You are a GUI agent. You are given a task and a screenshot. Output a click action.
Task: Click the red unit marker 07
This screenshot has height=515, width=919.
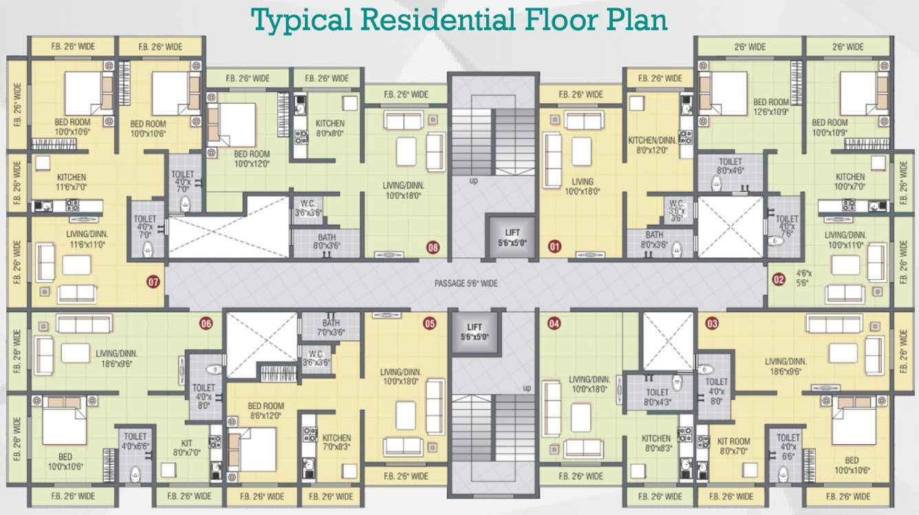click(x=153, y=281)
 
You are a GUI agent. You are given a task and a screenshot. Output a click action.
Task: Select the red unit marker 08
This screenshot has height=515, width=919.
click(x=433, y=246)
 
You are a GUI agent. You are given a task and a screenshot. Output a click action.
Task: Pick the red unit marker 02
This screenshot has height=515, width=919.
click(x=779, y=279)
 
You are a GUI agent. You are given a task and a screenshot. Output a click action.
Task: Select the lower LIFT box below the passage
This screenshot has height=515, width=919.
click(x=474, y=332)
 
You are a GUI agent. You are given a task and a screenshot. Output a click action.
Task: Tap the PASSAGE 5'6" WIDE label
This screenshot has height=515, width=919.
click(x=466, y=283)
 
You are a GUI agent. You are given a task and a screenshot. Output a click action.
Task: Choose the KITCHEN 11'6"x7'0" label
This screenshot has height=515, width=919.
click(x=72, y=182)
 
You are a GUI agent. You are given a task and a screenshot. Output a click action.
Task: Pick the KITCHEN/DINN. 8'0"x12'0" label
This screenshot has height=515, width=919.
click(x=653, y=145)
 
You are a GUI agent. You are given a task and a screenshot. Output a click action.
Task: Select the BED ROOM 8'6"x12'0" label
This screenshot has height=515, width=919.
click(x=266, y=411)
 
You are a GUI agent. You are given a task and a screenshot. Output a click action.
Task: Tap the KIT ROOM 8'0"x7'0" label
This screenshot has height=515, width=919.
click(x=733, y=446)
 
